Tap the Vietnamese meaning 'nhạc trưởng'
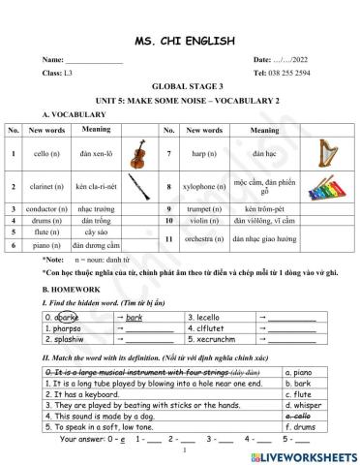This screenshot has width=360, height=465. coord(95,208)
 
